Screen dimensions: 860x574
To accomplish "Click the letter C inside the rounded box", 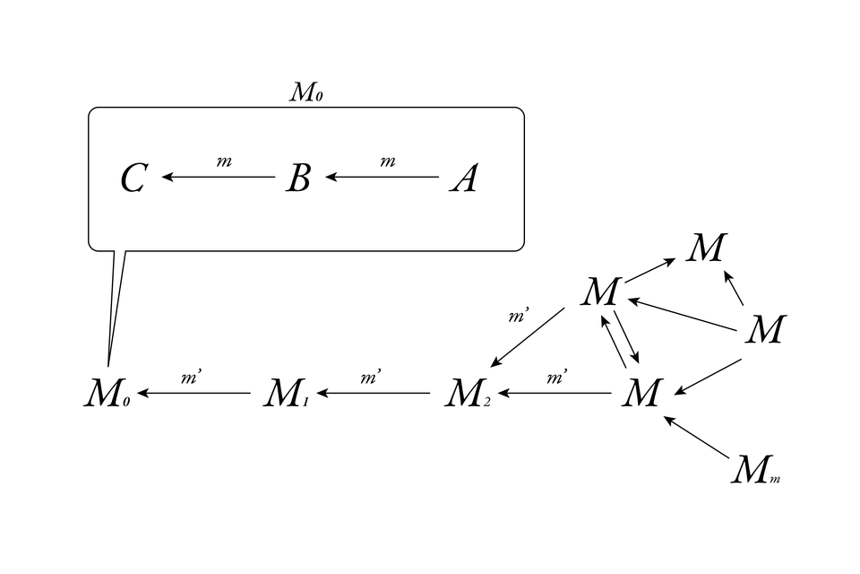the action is point(133,178).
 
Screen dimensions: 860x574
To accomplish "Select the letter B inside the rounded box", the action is point(298,178).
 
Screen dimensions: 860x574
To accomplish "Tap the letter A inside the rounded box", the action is point(464,178).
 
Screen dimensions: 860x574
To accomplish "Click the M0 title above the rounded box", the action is point(306,91).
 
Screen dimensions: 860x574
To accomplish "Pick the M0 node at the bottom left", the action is point(107,392).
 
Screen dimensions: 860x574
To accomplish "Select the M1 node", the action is point(287,392).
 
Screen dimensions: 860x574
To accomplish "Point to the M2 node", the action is point(468,392).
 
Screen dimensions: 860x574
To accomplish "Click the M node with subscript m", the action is point(755,469).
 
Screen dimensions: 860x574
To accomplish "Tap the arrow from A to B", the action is point(382,177).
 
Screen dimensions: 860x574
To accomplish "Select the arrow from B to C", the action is point(219,177).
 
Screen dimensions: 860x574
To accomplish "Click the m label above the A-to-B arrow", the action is point(388,161).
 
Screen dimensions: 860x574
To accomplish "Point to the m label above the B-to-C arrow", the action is point(224,161).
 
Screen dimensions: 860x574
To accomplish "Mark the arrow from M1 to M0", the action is point(194,393).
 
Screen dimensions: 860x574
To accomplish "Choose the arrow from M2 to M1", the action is point(374,393).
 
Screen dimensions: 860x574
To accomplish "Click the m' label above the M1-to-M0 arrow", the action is point(191,377).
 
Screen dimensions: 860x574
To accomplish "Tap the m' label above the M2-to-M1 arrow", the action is point(371,377).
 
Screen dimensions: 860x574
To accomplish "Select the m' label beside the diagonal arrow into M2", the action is point(519,316).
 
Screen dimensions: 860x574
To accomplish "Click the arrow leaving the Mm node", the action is point(697,438).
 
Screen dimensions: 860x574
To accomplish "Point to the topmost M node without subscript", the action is point(707,248).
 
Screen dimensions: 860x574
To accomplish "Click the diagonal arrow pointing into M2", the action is point(528,337).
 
